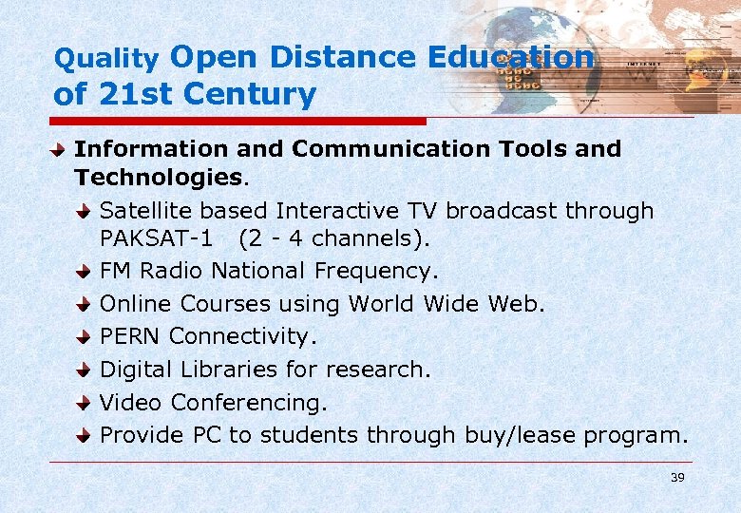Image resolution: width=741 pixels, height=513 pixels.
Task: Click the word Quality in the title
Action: pos(105,60)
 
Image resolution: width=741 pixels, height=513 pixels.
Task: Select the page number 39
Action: pos(676,477)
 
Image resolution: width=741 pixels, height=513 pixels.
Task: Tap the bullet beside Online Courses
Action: pos(85,305)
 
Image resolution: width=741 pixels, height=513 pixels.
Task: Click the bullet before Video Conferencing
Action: pos(85,403)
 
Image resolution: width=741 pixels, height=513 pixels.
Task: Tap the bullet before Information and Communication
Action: pos(60,150)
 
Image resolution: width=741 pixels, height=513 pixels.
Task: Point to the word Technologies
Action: pos(158,178)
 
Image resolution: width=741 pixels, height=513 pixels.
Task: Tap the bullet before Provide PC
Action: pos(85,435)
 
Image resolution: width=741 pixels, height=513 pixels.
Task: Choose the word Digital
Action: pos(137,369)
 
